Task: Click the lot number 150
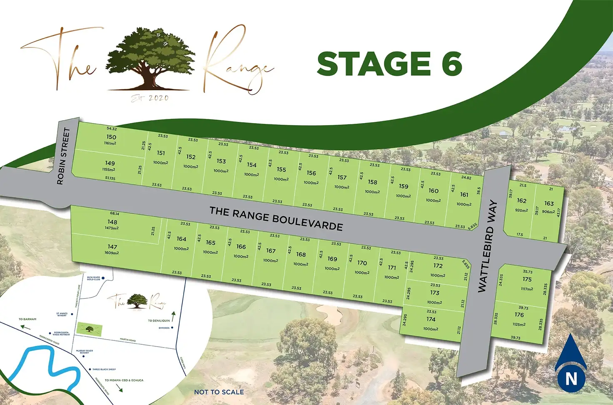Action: pos(111,137)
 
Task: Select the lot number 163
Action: pos(549,203)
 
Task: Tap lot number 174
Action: pos(431,319)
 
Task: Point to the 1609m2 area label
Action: pos(112,253)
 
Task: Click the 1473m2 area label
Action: pos(112,228)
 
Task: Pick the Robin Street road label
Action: pos(63,156)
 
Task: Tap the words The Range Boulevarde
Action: pos(276,218)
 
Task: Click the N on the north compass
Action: pos(571,379)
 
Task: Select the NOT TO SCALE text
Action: pos(219,392)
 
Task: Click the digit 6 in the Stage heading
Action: pos(452,64)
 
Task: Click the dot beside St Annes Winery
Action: pos(72,314)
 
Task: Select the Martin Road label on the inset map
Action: pos(128,340)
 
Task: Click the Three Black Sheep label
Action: pos(104,369)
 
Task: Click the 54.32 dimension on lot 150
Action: pos(112,128)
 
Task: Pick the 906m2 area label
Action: pos(548,212)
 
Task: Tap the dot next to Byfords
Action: pos(172,328)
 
